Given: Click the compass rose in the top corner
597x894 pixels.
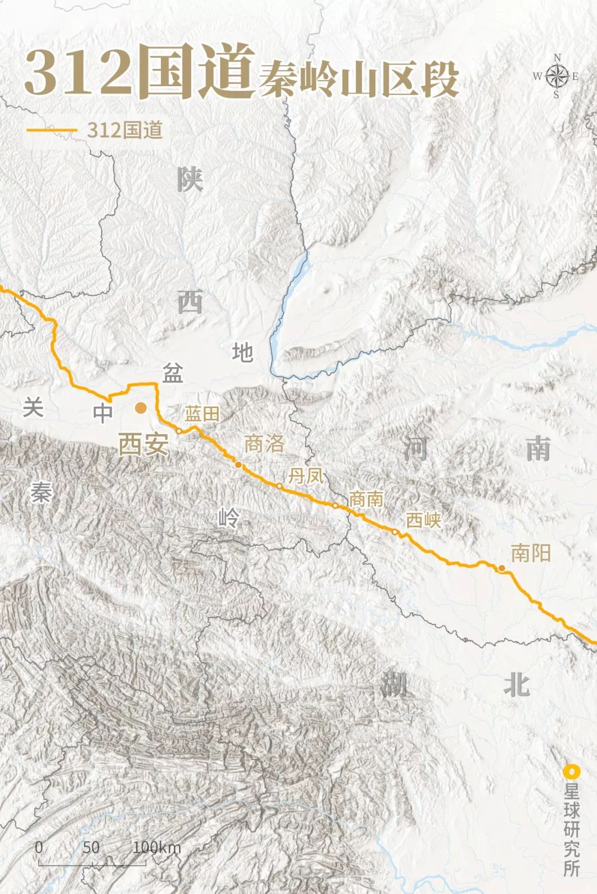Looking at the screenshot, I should (557, 76).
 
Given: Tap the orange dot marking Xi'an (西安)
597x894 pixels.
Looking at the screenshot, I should (141, 408).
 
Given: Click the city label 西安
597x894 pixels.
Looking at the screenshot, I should (143, 443).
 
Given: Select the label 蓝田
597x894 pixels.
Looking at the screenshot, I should (202, 414).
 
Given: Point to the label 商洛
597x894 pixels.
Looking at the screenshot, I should (264, 443).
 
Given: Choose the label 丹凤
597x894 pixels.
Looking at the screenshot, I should (306, 475).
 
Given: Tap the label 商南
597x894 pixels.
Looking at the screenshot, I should (366, 499).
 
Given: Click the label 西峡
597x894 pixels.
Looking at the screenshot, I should (423, 520).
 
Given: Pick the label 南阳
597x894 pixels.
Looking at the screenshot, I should (531, 553).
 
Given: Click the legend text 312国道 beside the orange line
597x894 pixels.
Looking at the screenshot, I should (125, 130).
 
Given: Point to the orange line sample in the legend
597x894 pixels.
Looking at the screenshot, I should (51, 130).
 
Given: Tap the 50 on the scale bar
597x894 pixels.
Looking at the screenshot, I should (91, 847).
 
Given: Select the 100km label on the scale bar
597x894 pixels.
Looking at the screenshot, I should (156, 847).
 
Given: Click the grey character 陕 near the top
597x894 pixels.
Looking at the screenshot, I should (190, 180).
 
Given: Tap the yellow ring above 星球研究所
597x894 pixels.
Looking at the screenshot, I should (571, 771).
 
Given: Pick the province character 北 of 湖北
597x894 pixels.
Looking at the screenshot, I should (517, 685).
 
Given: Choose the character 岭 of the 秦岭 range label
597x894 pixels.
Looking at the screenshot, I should (228, 518).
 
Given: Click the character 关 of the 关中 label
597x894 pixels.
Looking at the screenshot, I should (33, 408).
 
